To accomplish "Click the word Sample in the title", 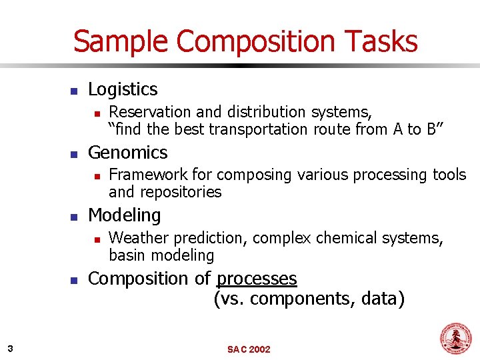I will pyautogui.click(x=120, y=41).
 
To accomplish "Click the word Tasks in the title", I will pyautogui.click(x=382, y=41).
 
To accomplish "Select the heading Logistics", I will pyautogui.click(x=123, y=89).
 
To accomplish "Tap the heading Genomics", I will pyautogui.click(x=127, y=153).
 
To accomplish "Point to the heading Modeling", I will pyautogui.click(x=124, y=215).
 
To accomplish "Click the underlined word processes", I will pyautogui.click(x=257, y=279).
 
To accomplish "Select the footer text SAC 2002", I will pyautogui.click(x=249, y=349).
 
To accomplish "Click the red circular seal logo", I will pyautogui.click(x=455, y=339).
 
